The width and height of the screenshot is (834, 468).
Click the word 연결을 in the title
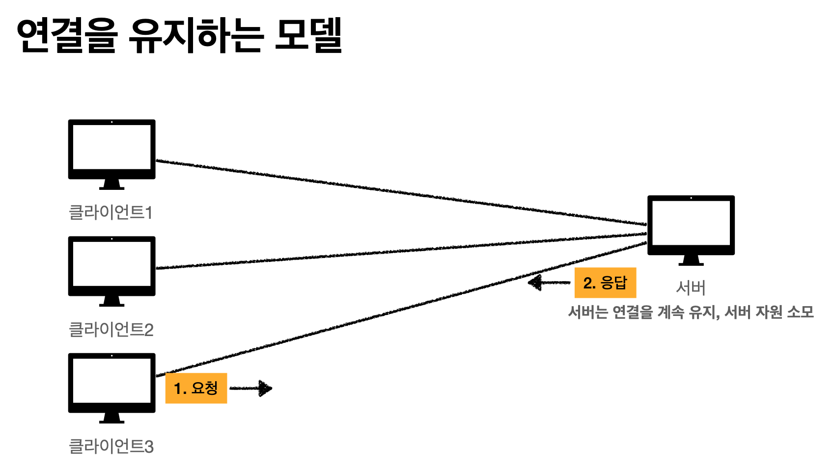(67, 35)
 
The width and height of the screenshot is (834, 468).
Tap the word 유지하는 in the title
(196, 35)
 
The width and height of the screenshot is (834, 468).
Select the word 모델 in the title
(308, 35)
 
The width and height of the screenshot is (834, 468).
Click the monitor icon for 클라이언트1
(111, 150)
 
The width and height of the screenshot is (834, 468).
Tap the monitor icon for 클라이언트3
(111, 383)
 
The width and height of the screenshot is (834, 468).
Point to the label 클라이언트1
(111, 212)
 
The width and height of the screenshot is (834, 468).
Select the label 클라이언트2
(111, 329)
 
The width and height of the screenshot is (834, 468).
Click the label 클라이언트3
(111, 446)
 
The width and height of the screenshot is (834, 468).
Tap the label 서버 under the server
(691, 287)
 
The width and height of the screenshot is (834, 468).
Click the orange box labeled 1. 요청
(196, 388)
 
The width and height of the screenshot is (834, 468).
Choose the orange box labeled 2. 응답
(605, 283)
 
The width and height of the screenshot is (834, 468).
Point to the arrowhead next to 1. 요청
(265, 389)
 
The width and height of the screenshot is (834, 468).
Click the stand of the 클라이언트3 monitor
(111, 418)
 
